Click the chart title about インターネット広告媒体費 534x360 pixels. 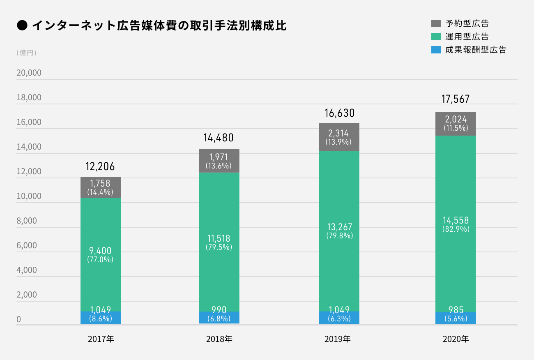tap(159, 26)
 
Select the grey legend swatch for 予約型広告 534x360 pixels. tap(436, 23)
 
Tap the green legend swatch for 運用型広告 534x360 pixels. tap(436, 37)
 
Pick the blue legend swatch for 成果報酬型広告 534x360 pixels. tap(436, 50)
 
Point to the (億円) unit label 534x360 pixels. tap(27, 53)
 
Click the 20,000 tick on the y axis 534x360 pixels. tap(29, 73)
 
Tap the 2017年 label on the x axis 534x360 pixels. tap(101, 339)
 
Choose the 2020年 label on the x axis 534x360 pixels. tap(456, 339)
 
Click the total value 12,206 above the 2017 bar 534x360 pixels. tap(100, 166)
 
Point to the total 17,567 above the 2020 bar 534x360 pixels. tap(455, 99)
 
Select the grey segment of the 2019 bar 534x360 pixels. tap(339, 137)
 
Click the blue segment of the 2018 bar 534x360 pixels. tap(219, 318)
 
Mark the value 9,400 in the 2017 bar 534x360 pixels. tap(100, 251)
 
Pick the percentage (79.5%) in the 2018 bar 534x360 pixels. tap(219, 247)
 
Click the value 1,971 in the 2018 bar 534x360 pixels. tap(219, 157)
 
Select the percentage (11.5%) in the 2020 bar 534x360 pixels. tap(456, 128)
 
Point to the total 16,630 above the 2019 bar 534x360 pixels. tap(339, 113)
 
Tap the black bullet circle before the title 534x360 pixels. tap(22, 26)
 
